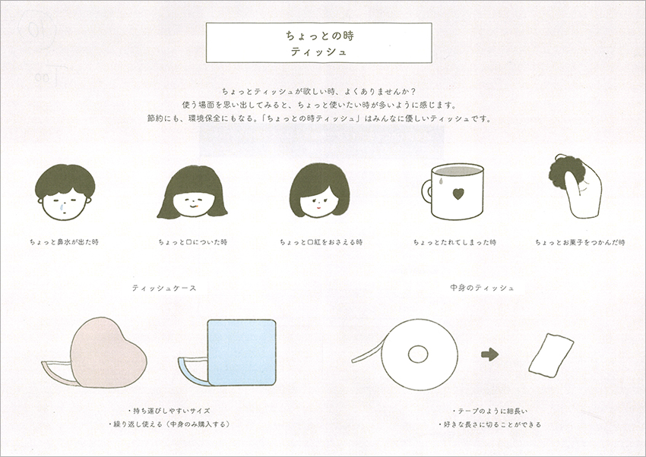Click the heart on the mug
[458, 194]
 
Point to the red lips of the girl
[318, 207]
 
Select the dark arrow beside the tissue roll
[490, 355]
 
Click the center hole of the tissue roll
[418, 354]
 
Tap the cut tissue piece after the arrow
[551, 355]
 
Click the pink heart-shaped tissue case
[108, 353]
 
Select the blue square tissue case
[242, 352]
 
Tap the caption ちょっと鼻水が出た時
[64, 242]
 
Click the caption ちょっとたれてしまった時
[454, 242]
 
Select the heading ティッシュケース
[164, 288]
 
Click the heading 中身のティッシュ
[482, 288]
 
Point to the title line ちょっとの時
[320, 36]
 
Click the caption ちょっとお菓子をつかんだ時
[580, 242]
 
